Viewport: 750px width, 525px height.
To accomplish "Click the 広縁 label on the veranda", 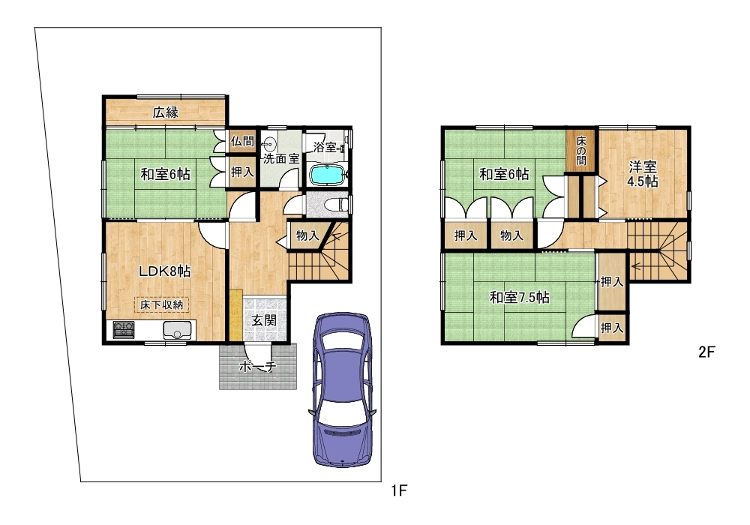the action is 166,112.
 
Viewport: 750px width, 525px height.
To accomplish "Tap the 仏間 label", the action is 242,142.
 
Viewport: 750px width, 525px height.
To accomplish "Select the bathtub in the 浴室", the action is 326,175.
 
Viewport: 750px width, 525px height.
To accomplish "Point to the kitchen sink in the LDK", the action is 177,330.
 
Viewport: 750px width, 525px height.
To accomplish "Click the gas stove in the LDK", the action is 124,329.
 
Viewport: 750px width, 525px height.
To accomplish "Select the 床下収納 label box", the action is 162,304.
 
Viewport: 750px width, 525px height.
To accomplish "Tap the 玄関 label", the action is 264,320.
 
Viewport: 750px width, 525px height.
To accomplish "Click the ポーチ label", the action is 257,367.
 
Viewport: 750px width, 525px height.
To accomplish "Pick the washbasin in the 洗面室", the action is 270,143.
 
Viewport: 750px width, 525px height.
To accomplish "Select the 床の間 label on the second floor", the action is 580,150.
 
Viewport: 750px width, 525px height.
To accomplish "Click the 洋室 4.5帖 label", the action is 643,175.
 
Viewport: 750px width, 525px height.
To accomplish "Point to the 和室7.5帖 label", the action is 520,298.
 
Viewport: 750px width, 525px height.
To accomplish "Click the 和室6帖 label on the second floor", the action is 504,174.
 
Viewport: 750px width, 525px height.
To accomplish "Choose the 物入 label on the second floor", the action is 511,235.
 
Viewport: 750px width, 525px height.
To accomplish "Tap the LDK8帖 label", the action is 164,271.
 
